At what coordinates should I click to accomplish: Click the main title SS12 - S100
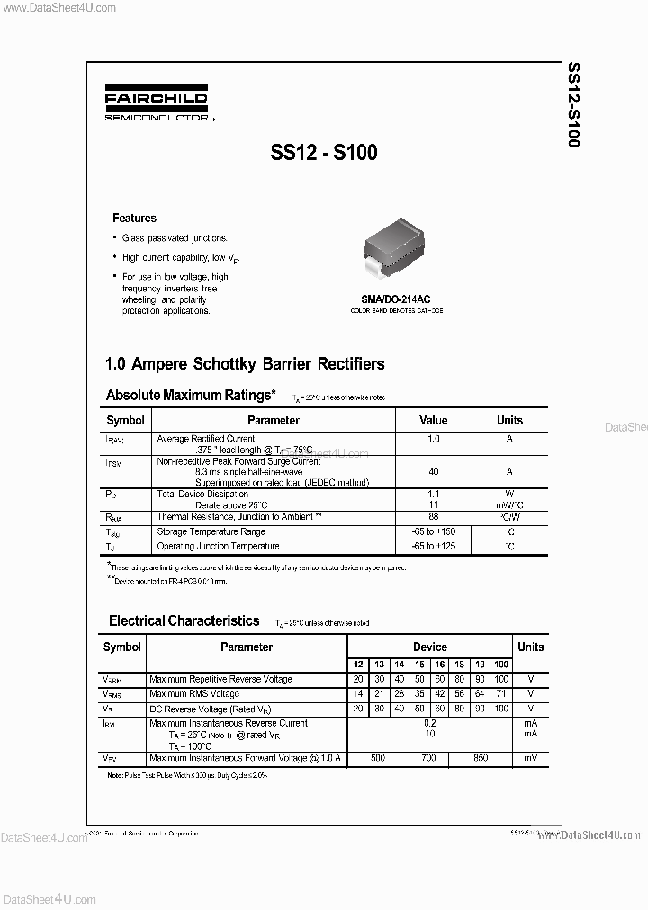click(x=323, y=153)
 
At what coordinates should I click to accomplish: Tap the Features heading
click(x=134, y=218)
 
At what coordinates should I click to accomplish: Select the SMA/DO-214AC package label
click(x=396, y=299)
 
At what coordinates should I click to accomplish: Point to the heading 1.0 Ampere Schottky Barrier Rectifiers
click(x=245, y=364)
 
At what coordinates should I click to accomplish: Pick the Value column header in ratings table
click(x=433, y=420)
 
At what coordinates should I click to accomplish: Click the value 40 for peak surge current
click(x=434, y=471)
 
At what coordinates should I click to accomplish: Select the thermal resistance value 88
click(x=434, y=516)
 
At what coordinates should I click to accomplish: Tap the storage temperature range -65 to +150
click(x=434, y=531)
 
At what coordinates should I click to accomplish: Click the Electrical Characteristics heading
click(x=184, y=620)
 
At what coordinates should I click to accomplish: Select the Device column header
click(x=429, y=647)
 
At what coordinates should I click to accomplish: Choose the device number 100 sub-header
click(x=501, y=665)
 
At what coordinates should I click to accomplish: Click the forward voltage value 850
click(x=480, y=758)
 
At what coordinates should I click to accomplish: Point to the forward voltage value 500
click(x=378, y=758)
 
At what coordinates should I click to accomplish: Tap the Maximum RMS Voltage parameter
click(x=194, y=694)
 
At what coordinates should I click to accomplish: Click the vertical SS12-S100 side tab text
click(x=573, y=105)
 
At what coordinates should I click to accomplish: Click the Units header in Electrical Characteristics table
click(x=530, y=647)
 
